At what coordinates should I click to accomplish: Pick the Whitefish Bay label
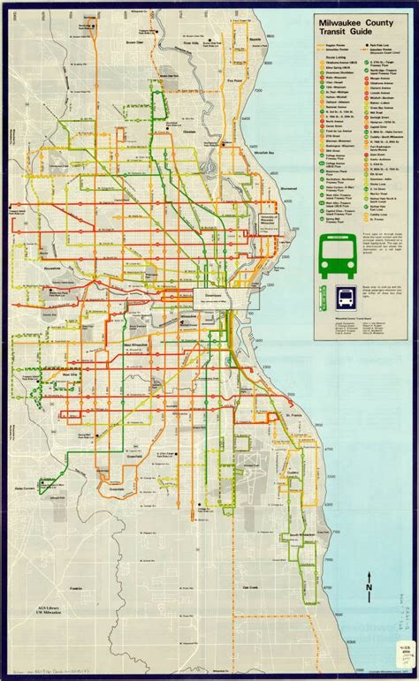click(263, 152)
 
